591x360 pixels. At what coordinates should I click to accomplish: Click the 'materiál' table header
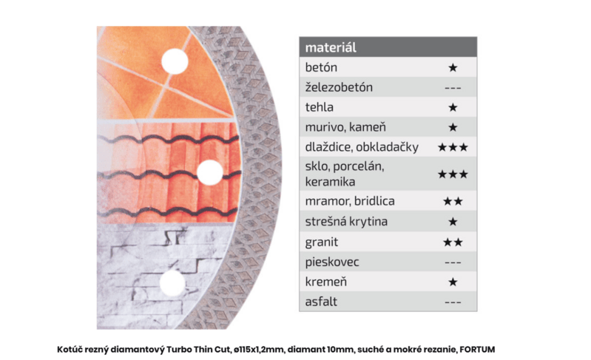(331, 47)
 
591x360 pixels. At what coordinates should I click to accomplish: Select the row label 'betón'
(321, 67)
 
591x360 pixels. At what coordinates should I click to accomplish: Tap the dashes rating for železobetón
(453, 88)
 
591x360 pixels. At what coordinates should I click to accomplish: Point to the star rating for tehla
(453, 107)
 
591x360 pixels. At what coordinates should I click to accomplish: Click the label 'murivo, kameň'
(345, 127)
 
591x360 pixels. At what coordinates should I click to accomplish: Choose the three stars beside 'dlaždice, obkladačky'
(453, 147)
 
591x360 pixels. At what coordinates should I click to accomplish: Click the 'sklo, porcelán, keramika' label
(345, 174)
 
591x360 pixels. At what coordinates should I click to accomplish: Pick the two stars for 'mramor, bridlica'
(453, 201)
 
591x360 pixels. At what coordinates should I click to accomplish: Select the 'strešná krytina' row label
(346, 222)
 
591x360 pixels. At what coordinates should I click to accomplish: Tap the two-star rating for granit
(453, 242)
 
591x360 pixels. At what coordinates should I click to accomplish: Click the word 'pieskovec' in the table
(332, 262)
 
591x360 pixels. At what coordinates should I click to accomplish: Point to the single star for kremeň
(453, 282)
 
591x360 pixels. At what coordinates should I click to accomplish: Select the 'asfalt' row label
(321, 302)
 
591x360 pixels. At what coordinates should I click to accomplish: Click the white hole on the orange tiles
(175, 61)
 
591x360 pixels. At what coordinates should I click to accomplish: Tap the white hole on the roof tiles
(210, 172)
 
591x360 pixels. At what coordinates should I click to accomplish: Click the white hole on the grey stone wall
(172, 283)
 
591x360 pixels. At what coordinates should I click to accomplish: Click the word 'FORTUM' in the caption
(477, 350)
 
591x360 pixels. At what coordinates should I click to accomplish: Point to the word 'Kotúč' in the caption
(70, 350)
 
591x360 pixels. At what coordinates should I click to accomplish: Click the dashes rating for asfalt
(453, 302)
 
